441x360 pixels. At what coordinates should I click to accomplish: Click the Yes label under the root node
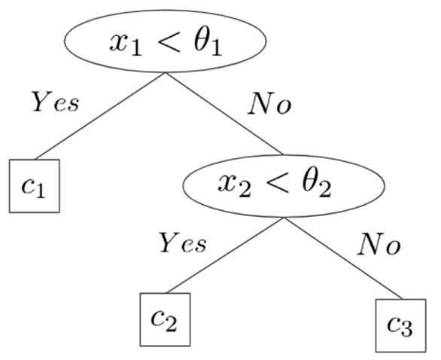click(56, 102)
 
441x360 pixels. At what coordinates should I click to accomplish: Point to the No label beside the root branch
click(269, 104)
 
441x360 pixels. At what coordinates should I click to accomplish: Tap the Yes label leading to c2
click(183, 243)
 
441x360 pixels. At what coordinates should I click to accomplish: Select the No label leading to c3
click(379, 244)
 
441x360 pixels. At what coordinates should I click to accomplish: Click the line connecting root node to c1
click(100, 116)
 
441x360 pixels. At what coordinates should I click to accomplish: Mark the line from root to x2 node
click(224, 114)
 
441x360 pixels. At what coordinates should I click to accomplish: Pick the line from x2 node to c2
click(225, 255)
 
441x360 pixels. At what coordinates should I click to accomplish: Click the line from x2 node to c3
click(343, 258)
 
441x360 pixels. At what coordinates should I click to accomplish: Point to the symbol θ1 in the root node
click(208, 42)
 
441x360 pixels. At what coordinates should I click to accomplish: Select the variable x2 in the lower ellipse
click(234, 186)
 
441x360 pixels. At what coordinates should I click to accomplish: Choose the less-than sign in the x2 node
click(278, 185)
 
